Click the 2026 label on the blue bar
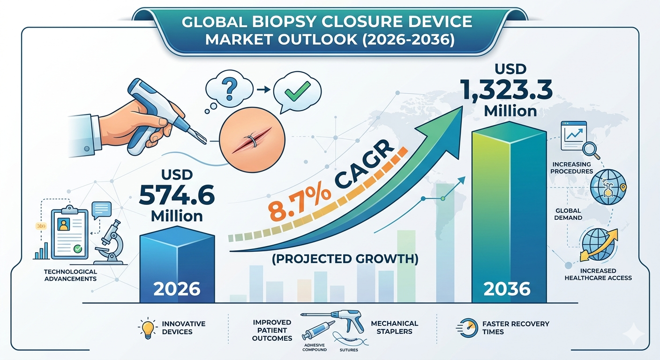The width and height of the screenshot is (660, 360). tap(177, 289)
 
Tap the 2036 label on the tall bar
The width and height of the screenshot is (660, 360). tap(507, 289)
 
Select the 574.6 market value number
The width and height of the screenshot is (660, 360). tap(177, 195)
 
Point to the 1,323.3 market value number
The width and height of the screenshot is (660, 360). tap(507, 90)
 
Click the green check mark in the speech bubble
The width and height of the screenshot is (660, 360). tap(298, 91)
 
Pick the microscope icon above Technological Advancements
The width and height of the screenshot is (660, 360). tap(111, 242)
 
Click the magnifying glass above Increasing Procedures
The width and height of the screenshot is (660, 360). tap(591, 150)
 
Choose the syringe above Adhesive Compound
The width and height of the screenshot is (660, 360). tap(318, 330)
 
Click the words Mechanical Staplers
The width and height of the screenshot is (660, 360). tap(395, 327)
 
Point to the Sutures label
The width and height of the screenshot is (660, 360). tap(349, 350)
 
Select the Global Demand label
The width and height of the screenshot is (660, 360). tap(568, 214)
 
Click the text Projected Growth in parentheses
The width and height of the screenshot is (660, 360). tap(345, 259)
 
